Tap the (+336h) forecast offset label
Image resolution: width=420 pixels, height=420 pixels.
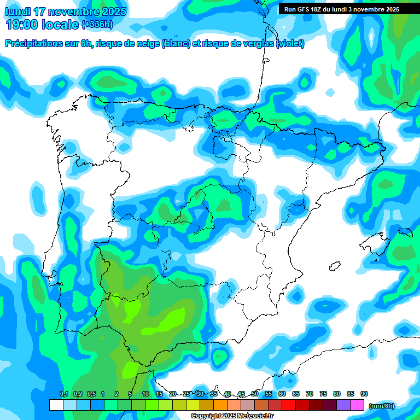pyautogui.click(x=97, y=24)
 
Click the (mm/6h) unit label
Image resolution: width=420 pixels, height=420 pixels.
pyautogui.click(x=382, y=406)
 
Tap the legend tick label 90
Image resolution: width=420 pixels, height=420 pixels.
pyautogui.click(x=364, y=394)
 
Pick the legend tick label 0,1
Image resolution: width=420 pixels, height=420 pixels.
pyautogui.click(x=64, y=394)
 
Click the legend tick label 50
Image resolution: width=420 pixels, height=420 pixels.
pyautogui.click(x=255, y=394)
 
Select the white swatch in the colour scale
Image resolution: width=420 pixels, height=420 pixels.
pyautogui.click(x=56, y=405)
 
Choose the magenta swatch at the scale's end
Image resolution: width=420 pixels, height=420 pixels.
pyautogui.click(x=357, y=405)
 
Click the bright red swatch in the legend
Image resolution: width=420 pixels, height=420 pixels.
pyautogui.click(x=289, y=405)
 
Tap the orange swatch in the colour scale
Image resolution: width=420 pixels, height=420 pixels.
pyautogui.click(x=220, y=405)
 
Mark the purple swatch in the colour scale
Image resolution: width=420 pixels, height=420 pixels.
pyautogui.click(x=343, y=405)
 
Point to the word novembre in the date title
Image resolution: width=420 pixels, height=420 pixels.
pyautogui.click(x=73, y=11)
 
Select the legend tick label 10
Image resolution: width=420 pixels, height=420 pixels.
pyautogui.click(x=145, y=394)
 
